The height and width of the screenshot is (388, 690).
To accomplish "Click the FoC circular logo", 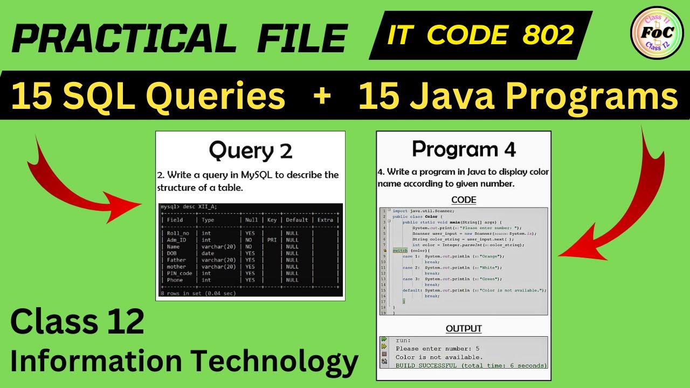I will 656,33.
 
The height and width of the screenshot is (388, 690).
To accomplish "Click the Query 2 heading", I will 251,150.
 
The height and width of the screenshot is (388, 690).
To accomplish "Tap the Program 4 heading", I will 464,149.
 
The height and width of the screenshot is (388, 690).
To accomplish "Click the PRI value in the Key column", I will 271,240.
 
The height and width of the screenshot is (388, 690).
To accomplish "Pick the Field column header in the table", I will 175,220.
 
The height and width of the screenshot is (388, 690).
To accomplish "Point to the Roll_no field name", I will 178,233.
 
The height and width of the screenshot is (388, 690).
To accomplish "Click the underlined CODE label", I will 464,200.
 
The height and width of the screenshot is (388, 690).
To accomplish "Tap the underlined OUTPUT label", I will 464,328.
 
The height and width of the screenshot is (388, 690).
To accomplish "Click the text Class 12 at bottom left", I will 77,322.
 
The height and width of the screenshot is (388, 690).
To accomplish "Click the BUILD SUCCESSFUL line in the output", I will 471,365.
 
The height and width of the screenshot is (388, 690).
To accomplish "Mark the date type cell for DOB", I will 208,253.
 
